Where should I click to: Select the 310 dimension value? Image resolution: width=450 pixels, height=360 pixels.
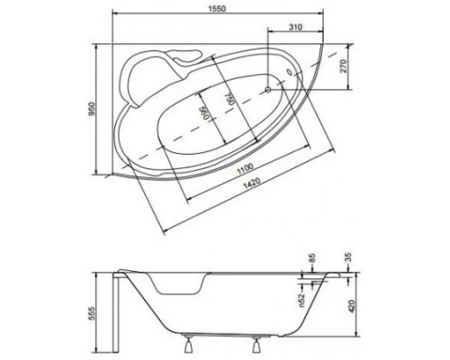[x=292, y=28]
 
